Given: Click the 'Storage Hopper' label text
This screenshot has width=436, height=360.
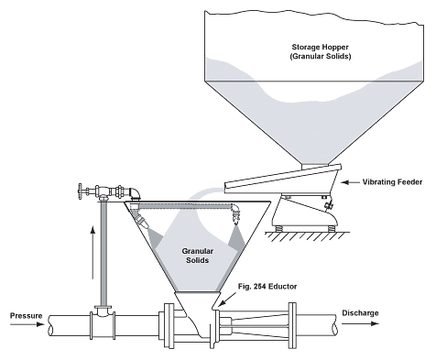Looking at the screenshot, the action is [320, 47].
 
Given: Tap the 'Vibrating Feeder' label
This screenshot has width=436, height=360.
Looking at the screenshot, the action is [392, 182].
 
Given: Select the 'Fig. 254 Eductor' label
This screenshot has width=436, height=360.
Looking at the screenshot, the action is [267, 287].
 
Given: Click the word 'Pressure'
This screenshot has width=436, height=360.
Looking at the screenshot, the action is [27, 315].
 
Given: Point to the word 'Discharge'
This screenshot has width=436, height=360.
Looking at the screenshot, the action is [360, 313].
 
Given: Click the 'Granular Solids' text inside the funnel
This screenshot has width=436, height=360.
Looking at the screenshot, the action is [198, 256].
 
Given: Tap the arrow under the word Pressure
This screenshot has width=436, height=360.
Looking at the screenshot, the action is [27, 324].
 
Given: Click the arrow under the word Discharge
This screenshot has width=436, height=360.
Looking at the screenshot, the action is [360, 323].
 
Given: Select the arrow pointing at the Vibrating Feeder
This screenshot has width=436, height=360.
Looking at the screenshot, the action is [350, 182].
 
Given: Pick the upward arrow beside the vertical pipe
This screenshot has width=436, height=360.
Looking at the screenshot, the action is [93, 252].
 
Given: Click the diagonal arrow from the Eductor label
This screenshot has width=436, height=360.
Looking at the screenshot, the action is [227, 299].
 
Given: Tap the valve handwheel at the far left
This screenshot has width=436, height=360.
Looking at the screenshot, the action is [81, 191].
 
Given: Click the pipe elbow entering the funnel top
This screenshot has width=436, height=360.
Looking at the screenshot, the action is [135, 193].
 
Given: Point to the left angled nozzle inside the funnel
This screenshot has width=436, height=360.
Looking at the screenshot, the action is [143, 222].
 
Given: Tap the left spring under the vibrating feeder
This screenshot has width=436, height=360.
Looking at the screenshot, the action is [278, 228].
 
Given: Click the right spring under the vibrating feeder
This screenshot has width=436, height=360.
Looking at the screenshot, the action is [331, 228].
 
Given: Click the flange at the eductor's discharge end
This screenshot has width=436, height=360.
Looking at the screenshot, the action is [292, 325].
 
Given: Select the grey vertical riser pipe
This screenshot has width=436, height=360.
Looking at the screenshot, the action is [104, 254].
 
